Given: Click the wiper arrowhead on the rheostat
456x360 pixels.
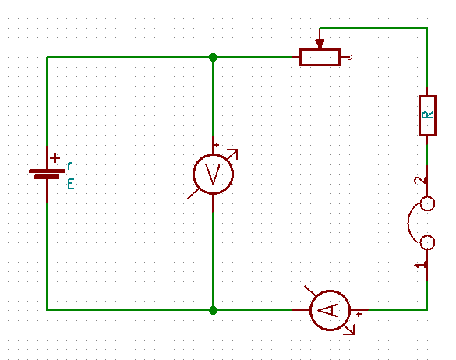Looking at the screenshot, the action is coord(320,44).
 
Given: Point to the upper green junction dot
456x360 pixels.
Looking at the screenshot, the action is coord(213,58).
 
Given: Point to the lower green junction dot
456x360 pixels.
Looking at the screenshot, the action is coord(213,310).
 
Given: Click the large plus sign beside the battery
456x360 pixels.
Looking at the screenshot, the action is coord(55,158).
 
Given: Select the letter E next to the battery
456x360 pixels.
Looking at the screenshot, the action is coord(71,184).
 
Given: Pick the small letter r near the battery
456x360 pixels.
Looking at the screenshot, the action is coord(70,166).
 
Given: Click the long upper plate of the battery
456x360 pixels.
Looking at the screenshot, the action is coord(47,171).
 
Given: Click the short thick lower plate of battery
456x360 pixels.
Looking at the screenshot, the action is coord(47,177).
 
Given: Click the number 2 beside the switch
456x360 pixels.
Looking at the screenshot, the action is coord(420,180).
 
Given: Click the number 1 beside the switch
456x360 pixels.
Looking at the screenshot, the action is coord(420,265).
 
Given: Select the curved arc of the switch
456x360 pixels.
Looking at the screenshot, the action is coord(408,223).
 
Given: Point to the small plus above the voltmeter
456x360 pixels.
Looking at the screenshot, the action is coord(217,144).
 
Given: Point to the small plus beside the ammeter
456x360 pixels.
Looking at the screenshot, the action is coord(359,314).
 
